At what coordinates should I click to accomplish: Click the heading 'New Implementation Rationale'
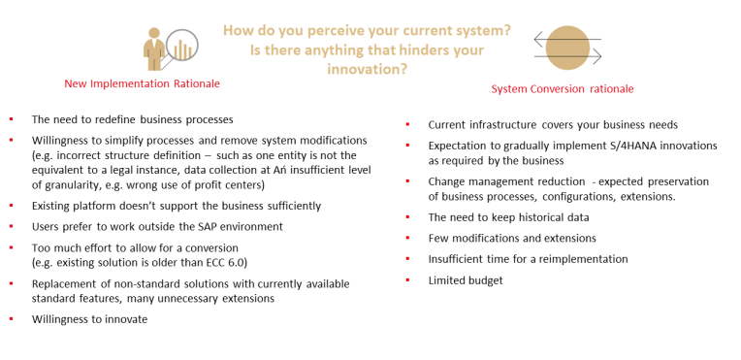tap(142, 83)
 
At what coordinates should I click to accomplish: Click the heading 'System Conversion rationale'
tap(562, 89)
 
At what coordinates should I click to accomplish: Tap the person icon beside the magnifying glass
tap(154, 49)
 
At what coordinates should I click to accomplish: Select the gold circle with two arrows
tap(567, 48)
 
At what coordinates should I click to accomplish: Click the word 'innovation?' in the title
tap(368, 69)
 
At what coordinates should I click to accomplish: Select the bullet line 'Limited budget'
tap(466, 280)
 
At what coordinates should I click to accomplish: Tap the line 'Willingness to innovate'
tap(89, 319)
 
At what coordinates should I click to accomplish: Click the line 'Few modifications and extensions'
tap(512, 239)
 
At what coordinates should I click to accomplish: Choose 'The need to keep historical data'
tap(508, 217)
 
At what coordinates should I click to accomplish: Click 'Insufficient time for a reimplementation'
tap(528, 259)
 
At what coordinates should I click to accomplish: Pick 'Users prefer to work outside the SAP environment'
tap(157, 227)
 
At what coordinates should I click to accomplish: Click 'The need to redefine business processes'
tap(132, 119)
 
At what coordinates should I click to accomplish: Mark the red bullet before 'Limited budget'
tap(407, 280)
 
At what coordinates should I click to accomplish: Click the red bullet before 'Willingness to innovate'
tap(11, 319)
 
